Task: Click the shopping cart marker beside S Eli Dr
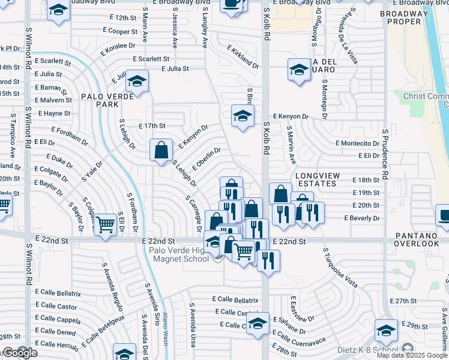tap(106, 225)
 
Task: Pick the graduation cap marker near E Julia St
tap(137, 82)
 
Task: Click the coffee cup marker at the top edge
tap(232, 4)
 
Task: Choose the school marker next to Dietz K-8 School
tap(385, 331)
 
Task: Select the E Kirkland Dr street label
tap(243, 57)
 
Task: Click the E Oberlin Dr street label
tap(207, 158)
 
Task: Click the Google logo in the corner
tap(20, 353)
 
